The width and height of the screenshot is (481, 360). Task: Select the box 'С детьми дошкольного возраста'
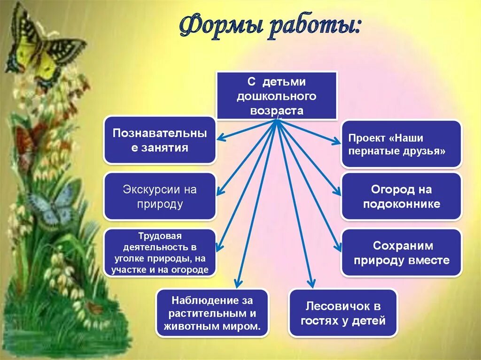[x=277, y=96]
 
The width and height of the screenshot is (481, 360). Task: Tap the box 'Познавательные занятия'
[x=160, y=140]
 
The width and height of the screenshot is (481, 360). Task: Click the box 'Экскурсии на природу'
[x=160, y=196]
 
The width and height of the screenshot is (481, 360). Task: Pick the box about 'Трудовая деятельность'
[x=160, y=253]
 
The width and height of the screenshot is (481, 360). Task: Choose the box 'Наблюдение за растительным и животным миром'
[x=213, y=313]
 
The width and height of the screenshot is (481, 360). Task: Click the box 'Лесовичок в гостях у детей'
[x=343, y=313]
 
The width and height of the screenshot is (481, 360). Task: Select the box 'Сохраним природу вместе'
[x=402, y=253]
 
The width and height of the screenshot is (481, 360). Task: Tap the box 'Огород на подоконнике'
[x=402, y=196]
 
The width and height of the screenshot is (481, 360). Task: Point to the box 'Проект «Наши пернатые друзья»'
[x=402, y=144]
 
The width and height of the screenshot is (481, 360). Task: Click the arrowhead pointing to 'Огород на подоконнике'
[x=337, y=192]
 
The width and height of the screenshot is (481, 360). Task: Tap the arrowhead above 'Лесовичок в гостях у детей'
[x=310, y=283]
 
